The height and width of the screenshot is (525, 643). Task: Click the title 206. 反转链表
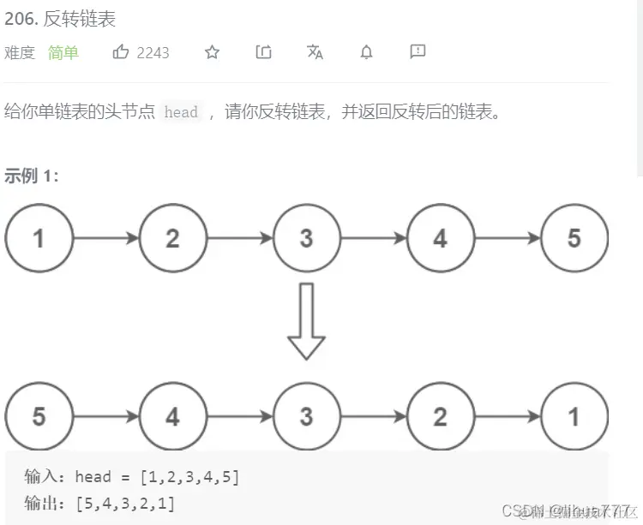[60, 18]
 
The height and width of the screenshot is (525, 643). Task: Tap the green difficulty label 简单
[63, 52]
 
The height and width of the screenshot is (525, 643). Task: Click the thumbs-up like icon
[121, 52]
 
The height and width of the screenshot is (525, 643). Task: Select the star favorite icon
[212, 52]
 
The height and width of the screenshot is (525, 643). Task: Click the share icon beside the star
[263, 52]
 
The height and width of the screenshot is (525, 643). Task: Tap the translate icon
[315, 52]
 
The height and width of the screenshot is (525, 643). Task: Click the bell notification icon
[366, 52]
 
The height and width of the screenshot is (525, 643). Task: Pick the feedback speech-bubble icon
[418, 52]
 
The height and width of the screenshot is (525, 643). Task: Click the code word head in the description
[181, 112]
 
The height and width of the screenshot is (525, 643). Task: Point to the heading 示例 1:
[32, 176]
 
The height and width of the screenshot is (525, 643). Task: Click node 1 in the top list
[39, 238]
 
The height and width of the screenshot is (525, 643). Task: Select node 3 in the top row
[306, 238]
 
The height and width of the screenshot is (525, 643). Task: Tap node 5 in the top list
[574, 238]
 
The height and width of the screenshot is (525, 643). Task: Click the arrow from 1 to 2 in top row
[105, 238]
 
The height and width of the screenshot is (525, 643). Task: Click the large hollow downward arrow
[306, 321]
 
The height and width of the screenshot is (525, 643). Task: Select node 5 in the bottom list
[39, 417]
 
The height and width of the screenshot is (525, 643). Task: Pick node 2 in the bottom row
[440, 417]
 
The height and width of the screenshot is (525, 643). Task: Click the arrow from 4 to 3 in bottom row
[239, 417]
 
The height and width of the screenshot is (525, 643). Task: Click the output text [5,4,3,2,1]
[125, 503]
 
